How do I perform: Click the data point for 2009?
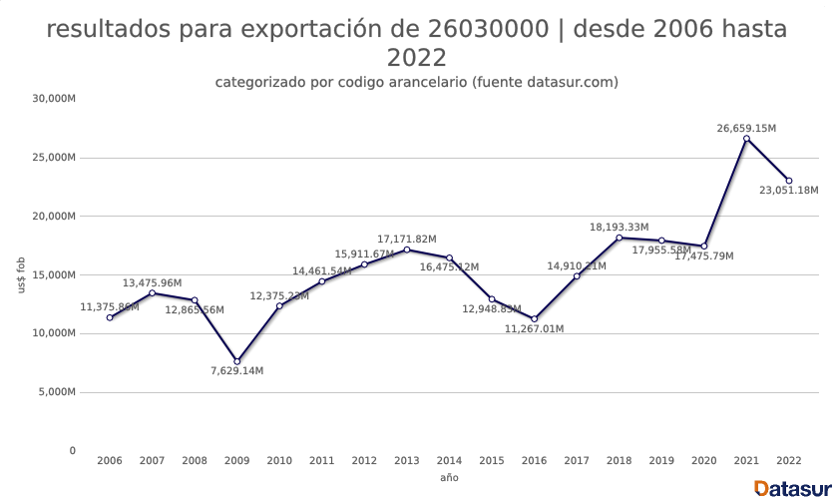coord(236,361)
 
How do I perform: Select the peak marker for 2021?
coord(746,139)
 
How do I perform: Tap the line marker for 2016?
coord(534,318)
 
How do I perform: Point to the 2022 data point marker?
coord(788,181)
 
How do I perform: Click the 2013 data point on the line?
coord(407,249)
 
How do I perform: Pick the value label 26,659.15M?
coord(746,128)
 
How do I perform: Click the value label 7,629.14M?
coord(236,371)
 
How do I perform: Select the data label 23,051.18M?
coord(788,190)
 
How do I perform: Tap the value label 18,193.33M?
coord(619,228)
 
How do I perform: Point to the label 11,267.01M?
coord(534,328)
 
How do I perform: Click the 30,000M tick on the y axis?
coord(54,99)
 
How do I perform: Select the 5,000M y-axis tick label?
coord(57,392)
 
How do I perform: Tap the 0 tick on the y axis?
coord(72,451)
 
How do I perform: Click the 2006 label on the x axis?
coord(109,461)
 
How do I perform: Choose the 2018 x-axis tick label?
coord(619,461)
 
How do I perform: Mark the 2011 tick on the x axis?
coord(321,461)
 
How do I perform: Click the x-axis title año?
coord(449,478)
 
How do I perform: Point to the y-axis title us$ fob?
coord(21,275)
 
